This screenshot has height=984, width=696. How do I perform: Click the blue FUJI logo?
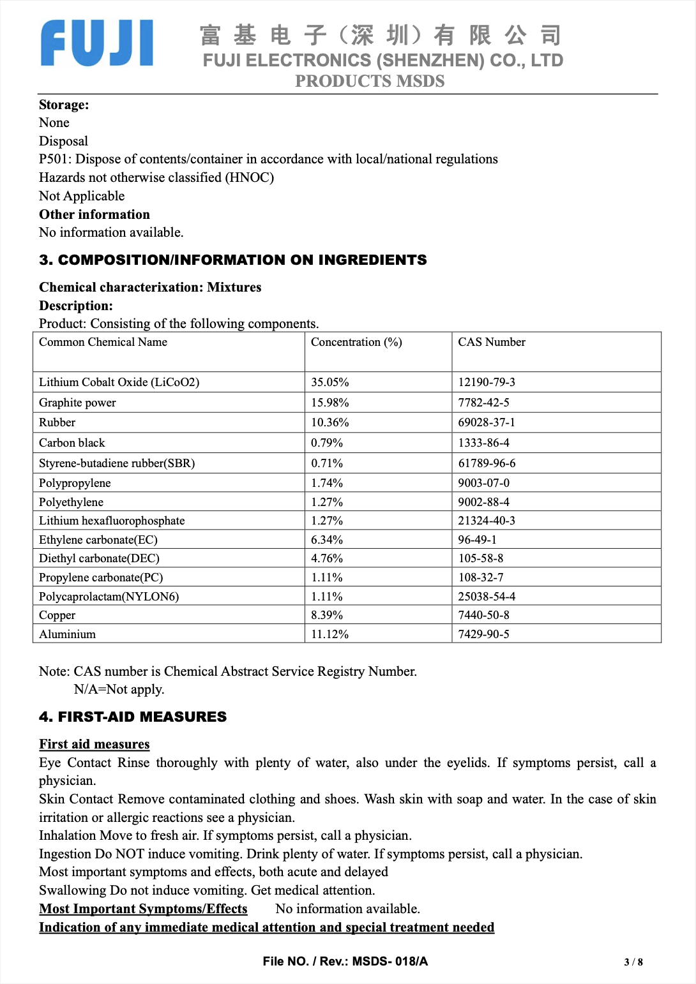97,43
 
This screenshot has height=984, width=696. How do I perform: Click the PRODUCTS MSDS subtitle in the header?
370,81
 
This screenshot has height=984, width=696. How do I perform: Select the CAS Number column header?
492,342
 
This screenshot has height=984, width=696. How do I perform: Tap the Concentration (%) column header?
356,342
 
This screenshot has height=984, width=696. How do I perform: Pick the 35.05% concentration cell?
330,382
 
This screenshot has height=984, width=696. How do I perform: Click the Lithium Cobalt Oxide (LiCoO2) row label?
119,382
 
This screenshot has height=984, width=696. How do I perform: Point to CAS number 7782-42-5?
483,403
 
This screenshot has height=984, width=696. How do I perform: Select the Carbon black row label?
72,443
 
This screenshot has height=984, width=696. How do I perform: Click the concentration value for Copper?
327,615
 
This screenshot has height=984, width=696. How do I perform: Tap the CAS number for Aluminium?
483,634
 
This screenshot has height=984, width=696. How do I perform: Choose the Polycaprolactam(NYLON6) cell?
109,597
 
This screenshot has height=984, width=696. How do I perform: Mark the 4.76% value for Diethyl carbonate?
327,558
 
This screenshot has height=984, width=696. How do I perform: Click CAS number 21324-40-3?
487,521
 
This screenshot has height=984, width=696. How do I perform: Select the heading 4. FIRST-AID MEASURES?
133,717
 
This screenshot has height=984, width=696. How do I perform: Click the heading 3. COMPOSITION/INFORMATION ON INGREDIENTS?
233,260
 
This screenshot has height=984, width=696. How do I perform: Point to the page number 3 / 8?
633,962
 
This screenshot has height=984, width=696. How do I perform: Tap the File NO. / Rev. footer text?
345,961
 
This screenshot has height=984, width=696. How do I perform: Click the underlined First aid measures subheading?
95,744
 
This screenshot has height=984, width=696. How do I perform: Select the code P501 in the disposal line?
54,159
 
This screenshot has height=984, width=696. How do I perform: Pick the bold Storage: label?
64,105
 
